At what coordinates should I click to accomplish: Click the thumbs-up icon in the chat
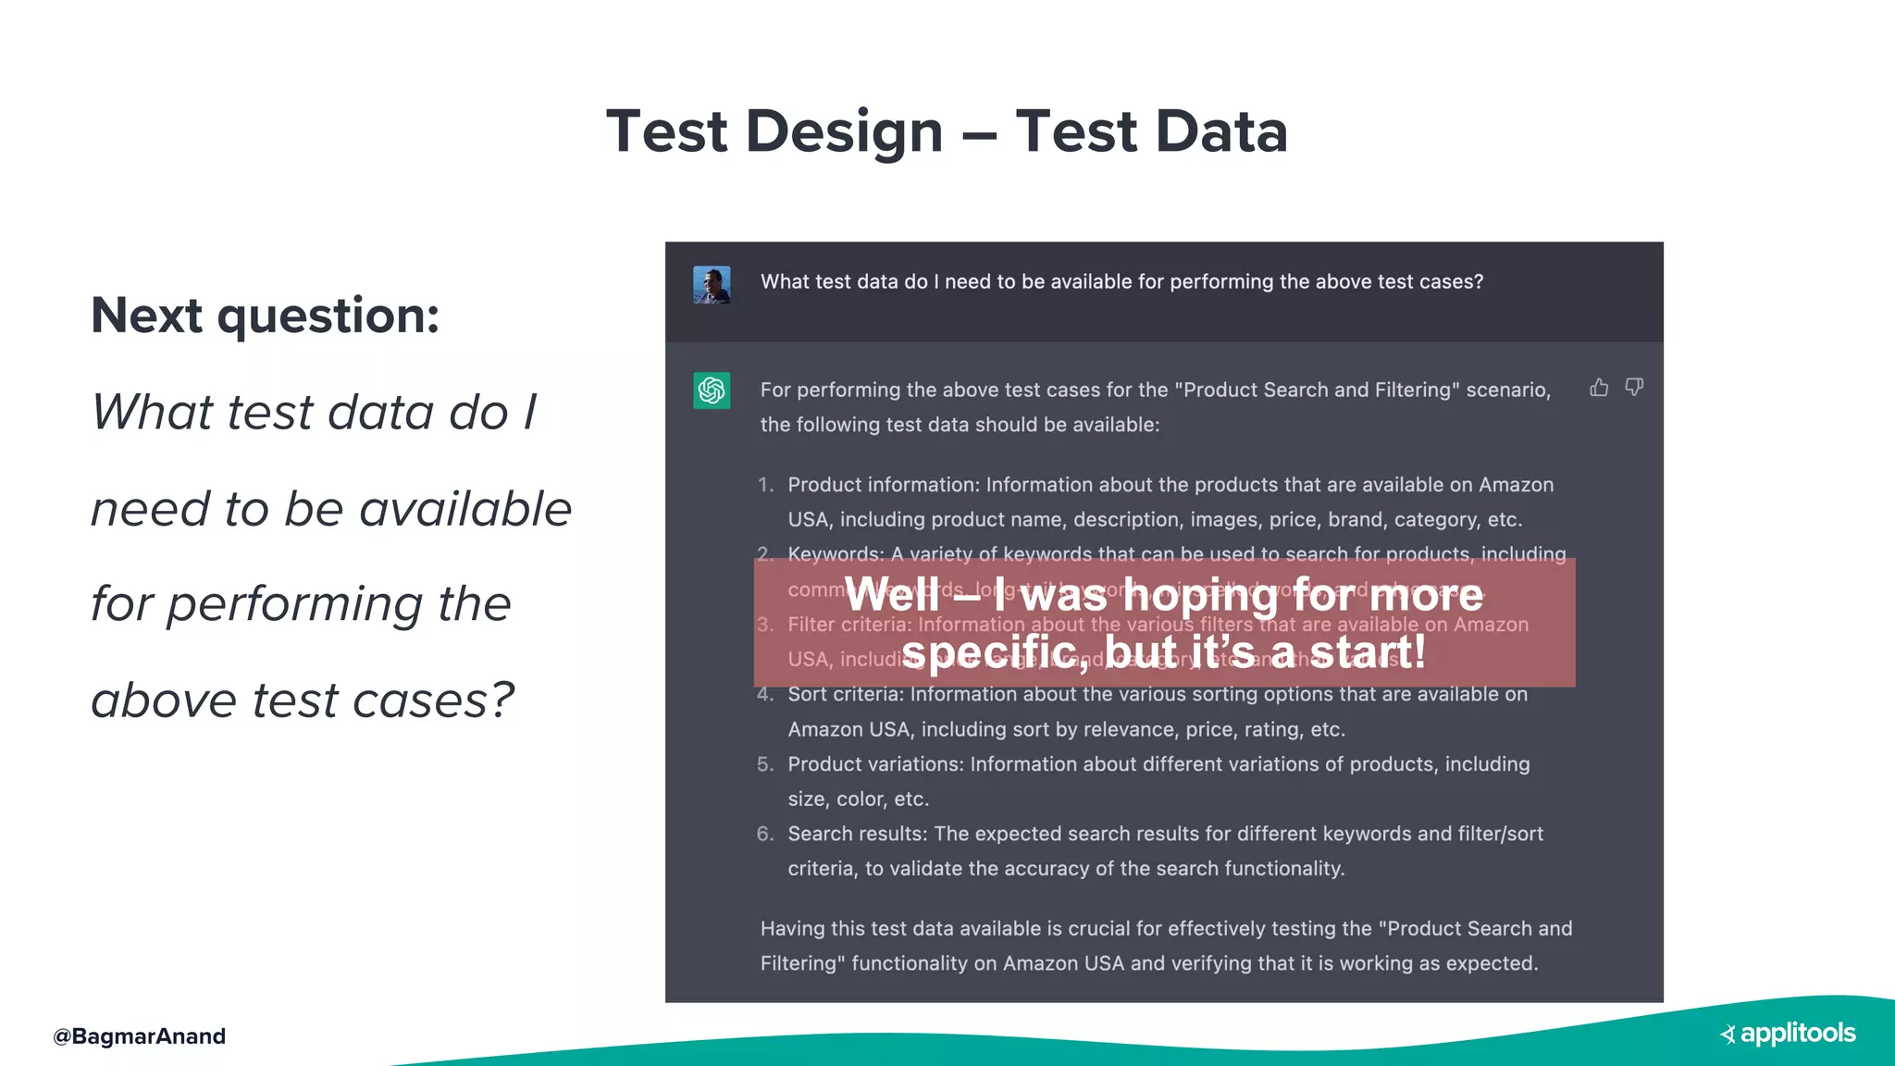coord(1598,388)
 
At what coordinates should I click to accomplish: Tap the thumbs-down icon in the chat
coord(1634,387)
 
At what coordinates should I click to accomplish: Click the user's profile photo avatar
coord(712,284)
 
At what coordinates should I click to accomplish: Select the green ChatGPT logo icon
coord(712,390)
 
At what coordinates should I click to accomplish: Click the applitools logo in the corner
coord(1788,1034)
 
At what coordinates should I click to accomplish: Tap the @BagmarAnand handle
coord(139,1036)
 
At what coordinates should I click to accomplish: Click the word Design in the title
coord(843,130)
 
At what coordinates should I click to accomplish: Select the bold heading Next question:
coord(265,316)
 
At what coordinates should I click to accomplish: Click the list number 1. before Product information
coord(765,485)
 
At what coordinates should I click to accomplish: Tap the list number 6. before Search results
coord(765,834)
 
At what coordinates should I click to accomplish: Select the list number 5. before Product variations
coord(765,764)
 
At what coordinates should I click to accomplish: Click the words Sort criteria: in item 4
coord(846,694)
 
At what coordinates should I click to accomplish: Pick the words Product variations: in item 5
coord(875,764)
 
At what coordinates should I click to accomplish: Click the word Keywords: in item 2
coord(836,554)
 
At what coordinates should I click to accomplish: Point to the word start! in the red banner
coord(1368,651)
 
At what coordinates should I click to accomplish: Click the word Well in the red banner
coord(892,594)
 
